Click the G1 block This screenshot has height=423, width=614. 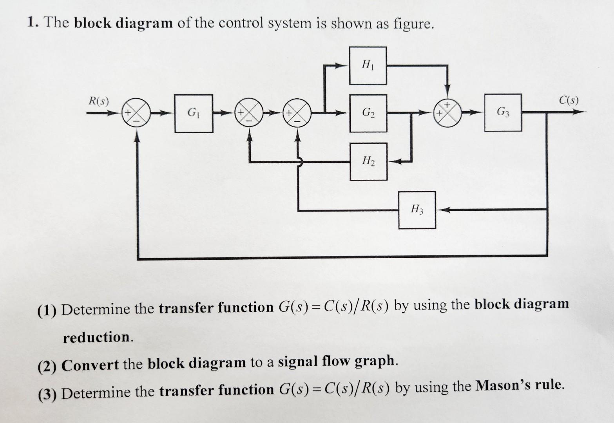click(194, 113)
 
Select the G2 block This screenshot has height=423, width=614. click(368, 113)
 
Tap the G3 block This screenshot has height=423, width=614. click(503, 112)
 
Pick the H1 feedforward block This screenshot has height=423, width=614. click(368, 65)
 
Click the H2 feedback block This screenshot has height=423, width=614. click(368, 161)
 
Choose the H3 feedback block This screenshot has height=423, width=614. click(417, 210)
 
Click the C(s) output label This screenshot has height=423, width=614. click(568, 100)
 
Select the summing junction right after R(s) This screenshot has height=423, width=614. click(136, 113)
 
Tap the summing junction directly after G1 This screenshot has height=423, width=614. click(249, 113)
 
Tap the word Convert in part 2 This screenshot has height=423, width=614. click(90, 365)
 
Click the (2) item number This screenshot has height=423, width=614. click(47, 366)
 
